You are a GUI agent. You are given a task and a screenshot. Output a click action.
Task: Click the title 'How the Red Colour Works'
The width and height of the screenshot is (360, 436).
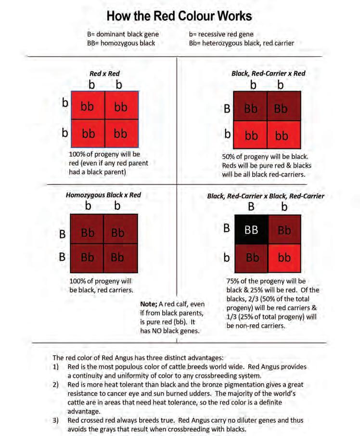(x=179, y=16)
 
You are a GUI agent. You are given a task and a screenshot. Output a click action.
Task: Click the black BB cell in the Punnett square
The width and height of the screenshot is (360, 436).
(x=251, y=230)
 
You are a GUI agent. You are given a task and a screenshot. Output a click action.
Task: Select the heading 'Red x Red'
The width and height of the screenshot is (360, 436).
(x=104, y=74)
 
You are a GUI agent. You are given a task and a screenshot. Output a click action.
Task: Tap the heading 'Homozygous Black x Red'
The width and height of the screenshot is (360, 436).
(x=103, y=195)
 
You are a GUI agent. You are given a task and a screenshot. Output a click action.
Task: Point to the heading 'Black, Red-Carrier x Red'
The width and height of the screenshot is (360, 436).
(x=268, y=74)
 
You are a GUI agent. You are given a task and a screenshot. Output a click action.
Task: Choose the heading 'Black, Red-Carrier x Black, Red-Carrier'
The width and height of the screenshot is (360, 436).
(x=265, y=196)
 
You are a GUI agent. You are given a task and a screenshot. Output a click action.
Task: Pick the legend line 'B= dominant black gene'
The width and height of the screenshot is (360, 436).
(x=122, y=34)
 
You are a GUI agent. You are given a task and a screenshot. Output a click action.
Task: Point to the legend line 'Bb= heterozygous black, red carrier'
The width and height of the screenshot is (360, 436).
(x=242, y=43)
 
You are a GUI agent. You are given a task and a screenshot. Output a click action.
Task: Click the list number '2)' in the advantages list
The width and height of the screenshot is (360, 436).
(x=56, y=385)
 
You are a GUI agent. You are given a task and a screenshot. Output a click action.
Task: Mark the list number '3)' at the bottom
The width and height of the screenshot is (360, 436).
(x=56, y=421)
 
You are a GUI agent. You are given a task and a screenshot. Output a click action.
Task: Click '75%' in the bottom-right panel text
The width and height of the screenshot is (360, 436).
(x=234, y=281)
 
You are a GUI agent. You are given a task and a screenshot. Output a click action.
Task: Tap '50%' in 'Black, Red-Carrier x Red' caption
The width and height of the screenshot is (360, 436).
(x=229, y=157)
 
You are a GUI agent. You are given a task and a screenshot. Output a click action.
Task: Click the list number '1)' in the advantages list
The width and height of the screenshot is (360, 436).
(x=56, y=367)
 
